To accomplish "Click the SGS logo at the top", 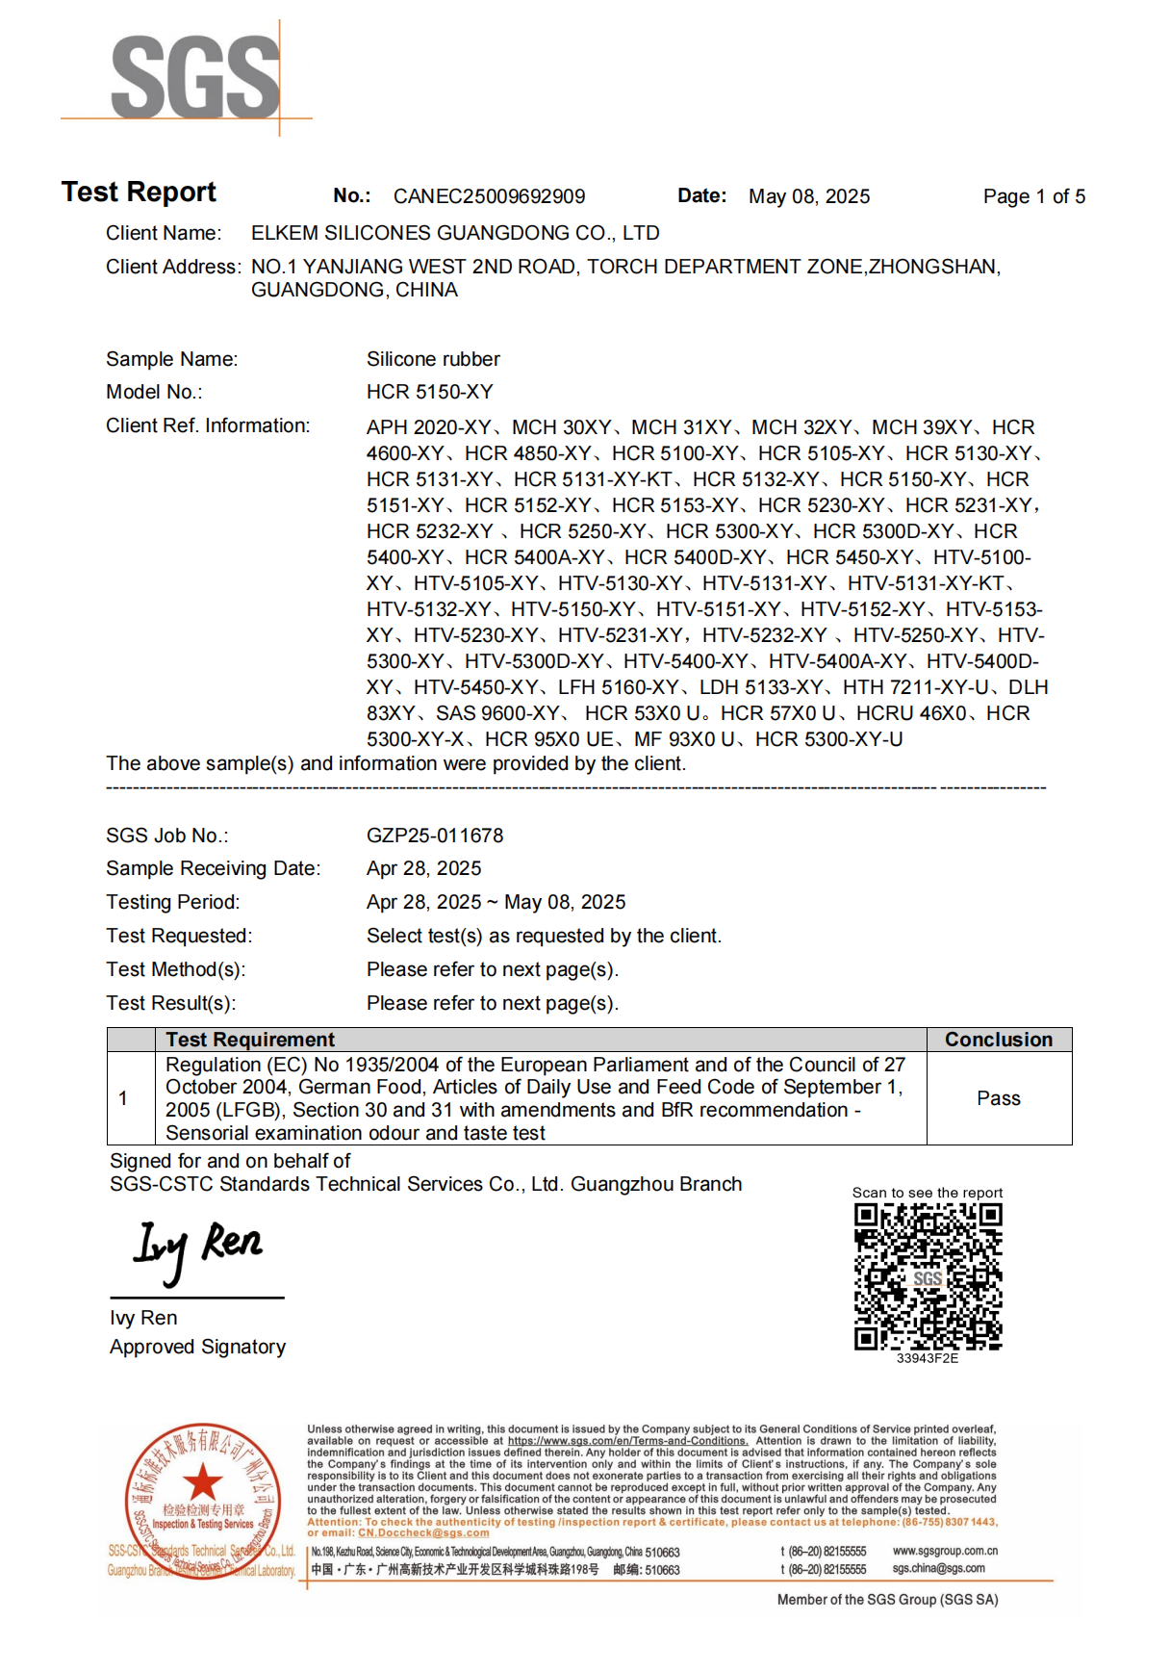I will click(195, 77).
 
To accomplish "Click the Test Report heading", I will click(139, 193).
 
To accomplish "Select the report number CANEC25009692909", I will click(489, 196).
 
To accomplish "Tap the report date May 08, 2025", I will click(808, 196).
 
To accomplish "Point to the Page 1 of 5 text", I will click(1033, 196).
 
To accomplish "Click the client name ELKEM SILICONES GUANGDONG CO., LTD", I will click(455, 233).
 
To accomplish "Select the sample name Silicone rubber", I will click(433, 359).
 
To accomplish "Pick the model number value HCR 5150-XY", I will click(429, 392).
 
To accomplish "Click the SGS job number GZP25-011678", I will click(435, 836).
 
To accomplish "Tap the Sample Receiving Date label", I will click(213, 868).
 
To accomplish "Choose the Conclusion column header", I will click(998, 1040).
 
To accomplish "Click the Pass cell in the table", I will click(998, 1098).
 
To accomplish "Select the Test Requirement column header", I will click(250, 1040).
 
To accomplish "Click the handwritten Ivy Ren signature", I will click(197, 1248).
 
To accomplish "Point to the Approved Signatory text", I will click(197, 1347).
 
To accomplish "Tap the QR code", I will click(928, 1276).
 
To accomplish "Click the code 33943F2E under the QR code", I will click(927, 1358).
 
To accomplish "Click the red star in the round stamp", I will click(202, 1482).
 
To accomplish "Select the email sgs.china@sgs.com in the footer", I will click(938, 1569).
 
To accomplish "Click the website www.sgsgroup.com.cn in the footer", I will click(945, 1551).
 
